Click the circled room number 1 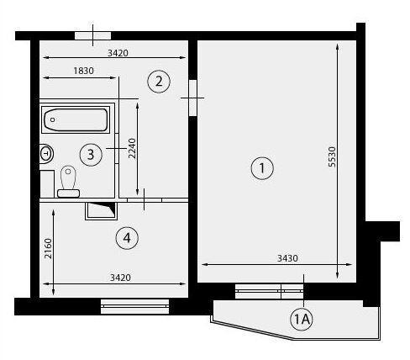coord(262,168)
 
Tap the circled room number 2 coord(159,82)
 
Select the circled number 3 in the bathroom coord(91,155)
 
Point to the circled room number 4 coord(127,238)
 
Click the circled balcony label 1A coord(302,319)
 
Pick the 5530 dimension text coord(332,156)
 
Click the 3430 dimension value coord(287,258)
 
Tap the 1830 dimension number coord(83,71)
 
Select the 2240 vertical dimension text coord(132,148)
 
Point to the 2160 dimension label coord(48,248)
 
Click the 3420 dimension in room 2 coord(118,53)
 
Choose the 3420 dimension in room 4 coord(120,278)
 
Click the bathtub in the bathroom coord(76,119)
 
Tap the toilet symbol coord(68,182)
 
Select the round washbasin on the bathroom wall coord(46,153)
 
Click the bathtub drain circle coord(53,119)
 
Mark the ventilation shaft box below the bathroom coord(101,211)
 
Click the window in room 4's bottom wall coord(134,306)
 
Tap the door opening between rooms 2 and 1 coord(193,98)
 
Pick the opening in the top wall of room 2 coord(93,36)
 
